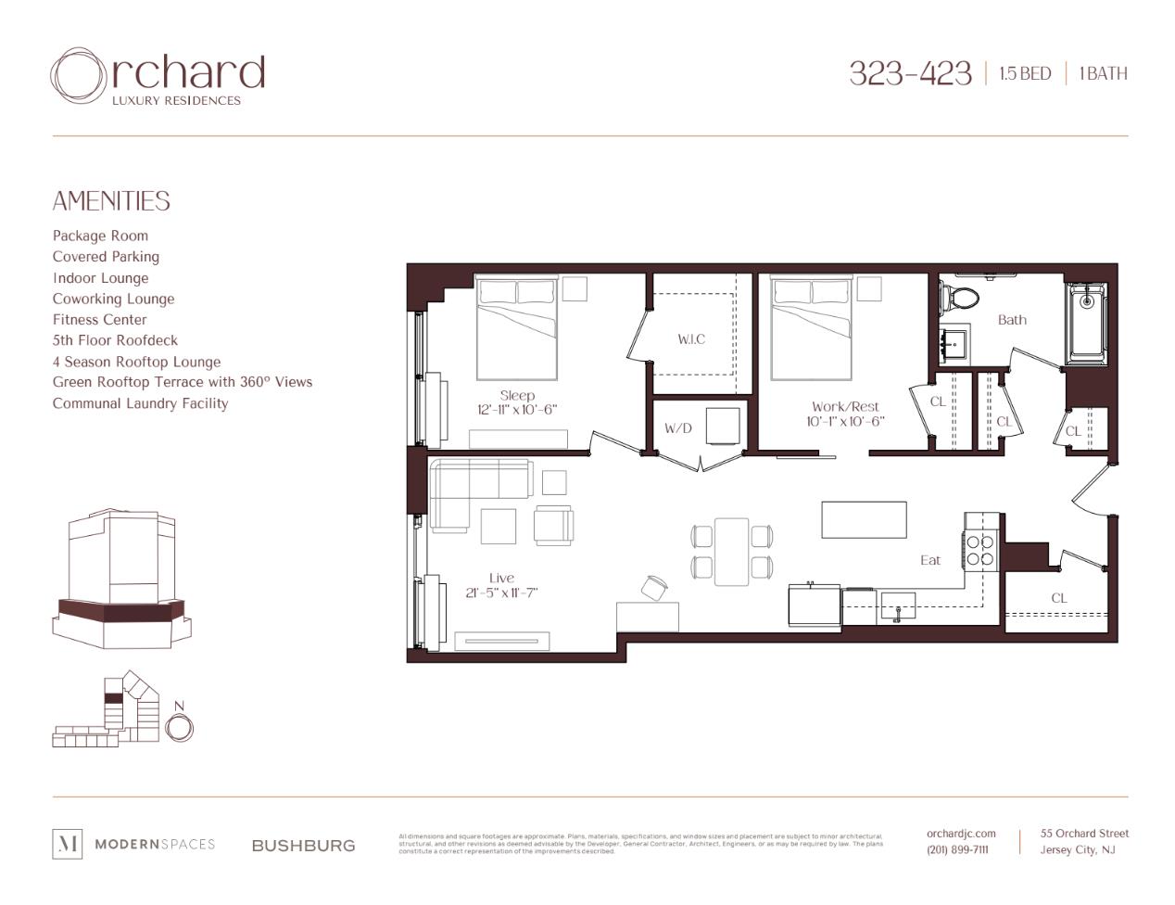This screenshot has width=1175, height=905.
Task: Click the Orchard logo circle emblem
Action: point(79,76)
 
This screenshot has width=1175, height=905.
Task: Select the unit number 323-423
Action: point(909,73)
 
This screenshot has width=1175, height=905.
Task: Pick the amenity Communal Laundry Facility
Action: point(140,403)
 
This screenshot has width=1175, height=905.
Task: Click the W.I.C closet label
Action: point(690,339)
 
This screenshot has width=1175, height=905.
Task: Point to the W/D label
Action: point(677,428)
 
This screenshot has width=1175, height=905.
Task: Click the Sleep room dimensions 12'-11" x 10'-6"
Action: point(517,410)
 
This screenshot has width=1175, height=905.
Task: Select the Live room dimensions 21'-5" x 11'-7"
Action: point(501,593)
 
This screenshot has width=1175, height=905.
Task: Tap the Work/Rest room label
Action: point(845,406)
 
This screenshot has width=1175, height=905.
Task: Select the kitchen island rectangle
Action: point(864,519)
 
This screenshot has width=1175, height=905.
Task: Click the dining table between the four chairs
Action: point(731,552)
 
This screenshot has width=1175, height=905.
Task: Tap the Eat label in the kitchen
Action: point(930,560)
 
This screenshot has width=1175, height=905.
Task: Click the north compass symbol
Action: point(179,725)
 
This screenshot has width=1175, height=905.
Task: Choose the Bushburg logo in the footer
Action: point(303,846)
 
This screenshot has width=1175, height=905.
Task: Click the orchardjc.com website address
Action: point(961,834)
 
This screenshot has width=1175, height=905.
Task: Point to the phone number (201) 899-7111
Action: point(957,850)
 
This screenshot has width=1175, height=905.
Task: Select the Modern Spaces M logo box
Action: point(68,844)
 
